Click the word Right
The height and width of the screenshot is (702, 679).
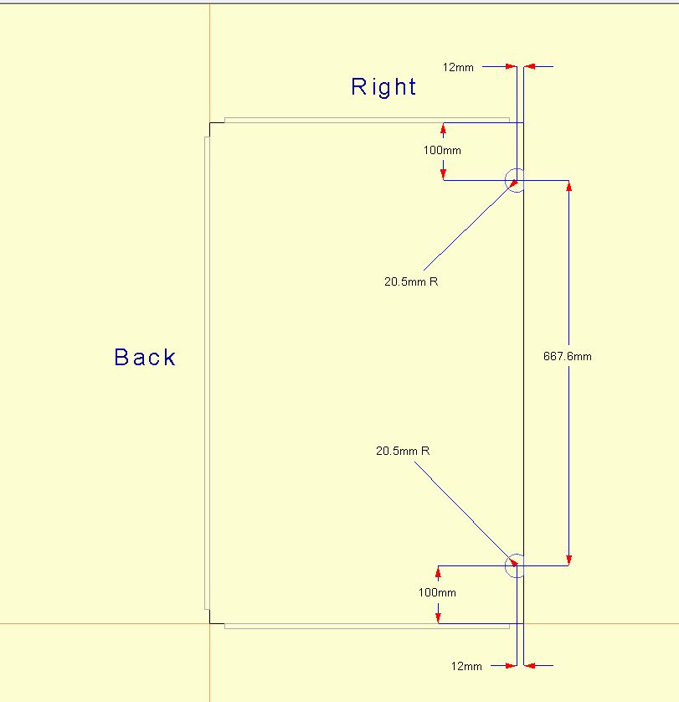[383, 87]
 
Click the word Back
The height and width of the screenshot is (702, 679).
[145, 357]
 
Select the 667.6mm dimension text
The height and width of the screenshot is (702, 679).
[567, 356]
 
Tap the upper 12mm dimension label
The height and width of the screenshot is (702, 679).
[458, 67]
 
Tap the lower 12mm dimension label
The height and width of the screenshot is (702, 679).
[466, 666]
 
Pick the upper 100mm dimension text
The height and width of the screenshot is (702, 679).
[442, 150]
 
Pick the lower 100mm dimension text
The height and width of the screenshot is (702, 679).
[437, 592]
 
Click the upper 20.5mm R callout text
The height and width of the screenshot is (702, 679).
[411, 281]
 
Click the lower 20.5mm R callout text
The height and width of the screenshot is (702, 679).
[403, 451]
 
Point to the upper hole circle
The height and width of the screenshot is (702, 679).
[517, 180]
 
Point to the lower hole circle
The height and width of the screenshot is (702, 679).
[517, 566]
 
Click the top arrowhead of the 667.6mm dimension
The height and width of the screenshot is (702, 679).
[568, 186]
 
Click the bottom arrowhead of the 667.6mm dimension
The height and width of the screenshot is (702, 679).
[568, 560]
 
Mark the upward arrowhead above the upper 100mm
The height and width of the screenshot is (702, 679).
[443, 128]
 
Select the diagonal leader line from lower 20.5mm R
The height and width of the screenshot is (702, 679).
[466, 514]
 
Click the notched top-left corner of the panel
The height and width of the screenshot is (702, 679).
[210, 123]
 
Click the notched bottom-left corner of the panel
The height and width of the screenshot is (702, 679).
[210, 623]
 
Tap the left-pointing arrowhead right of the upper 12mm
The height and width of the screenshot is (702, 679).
[529, 67]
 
